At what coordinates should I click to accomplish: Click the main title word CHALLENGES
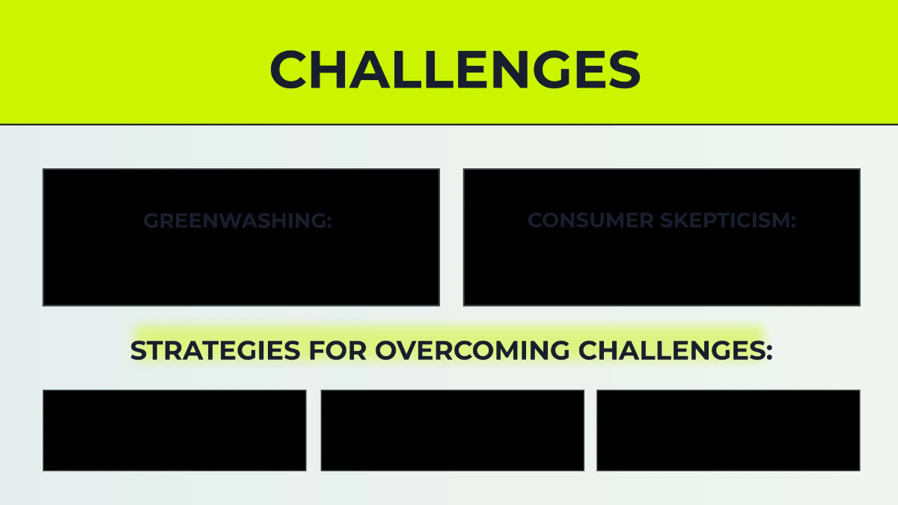click(456, 69)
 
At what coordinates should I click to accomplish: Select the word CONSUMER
click(590, 220)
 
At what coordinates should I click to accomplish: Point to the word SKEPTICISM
click(725, 220)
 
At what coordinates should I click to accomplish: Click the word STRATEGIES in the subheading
click(216, 350)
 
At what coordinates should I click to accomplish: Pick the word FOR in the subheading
click(337, 350)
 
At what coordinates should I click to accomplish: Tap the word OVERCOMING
click(472, 350)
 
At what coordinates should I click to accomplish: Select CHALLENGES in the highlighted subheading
click(672, 350)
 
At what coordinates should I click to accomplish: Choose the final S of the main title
click(624, 69)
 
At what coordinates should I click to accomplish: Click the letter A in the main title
click(369, 69)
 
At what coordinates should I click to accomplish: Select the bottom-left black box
click(174, 430)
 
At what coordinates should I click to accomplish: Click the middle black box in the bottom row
click(452, 430)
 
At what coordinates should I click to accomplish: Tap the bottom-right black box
click(728, 430)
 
